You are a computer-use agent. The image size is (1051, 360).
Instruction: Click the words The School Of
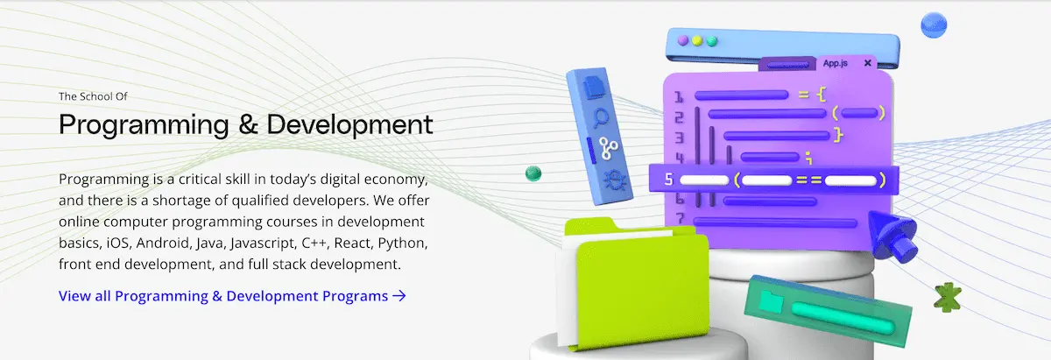tap(95, 96)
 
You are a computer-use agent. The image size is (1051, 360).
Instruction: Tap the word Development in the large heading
tap(349, 124)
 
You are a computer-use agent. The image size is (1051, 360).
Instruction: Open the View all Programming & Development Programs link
tap(232, 296)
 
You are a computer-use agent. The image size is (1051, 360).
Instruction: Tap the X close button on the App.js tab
tap(868, 63)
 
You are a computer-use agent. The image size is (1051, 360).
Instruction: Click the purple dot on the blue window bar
tap(681, 40)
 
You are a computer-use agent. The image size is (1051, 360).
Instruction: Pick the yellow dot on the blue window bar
tap(696, 40)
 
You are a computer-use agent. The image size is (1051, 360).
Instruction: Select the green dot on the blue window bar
tap(712, 41)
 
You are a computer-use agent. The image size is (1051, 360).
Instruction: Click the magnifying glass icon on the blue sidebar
tap(603, 116)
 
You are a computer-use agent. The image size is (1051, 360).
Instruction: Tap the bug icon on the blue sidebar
tap(612, 180)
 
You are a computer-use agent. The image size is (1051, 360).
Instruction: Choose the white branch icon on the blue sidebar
tap(607, 147)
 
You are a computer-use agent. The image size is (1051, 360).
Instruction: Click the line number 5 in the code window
tap(668, 181)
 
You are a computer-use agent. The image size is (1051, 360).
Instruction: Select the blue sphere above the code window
tap(935, 25)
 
